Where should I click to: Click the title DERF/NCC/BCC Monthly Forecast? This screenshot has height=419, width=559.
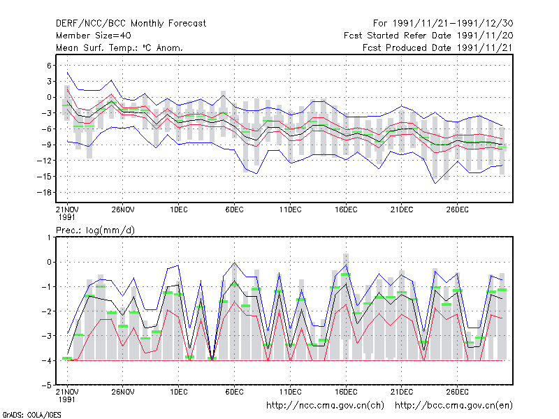(x=131, y=24)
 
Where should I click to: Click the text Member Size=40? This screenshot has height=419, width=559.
(x=94, y=36)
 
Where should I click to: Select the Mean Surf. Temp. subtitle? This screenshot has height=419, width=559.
(x=119, y=47)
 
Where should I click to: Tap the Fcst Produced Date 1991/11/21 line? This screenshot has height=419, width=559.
(x=438, y=47)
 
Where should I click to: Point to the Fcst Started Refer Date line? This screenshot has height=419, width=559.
(x=428, y=36)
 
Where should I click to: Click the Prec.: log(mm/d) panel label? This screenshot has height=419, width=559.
(x=95, y=230)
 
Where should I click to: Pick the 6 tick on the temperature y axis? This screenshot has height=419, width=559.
(x=49, y=66)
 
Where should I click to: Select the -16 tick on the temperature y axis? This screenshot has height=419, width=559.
(x=45, y=193)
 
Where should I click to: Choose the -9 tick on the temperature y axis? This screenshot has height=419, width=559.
(x=46, y=145)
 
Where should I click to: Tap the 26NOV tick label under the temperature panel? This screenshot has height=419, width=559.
(x=123, y=210)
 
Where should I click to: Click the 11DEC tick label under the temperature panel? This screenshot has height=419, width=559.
(x=290, y=210)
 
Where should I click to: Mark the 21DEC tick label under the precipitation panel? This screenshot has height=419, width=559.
(x=402, y=392)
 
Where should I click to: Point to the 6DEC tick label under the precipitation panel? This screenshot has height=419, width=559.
(x=234, y=392)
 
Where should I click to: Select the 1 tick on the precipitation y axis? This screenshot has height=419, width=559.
(x=50, y=237)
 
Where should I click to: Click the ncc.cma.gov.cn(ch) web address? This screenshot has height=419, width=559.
(x=325, y=406)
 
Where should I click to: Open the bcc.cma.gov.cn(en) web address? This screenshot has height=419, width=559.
(x=453, y=406)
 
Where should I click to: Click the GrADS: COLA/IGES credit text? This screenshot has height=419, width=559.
(x=31, y=415)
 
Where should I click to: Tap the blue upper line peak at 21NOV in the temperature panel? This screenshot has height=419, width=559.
(x=67, y=73)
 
